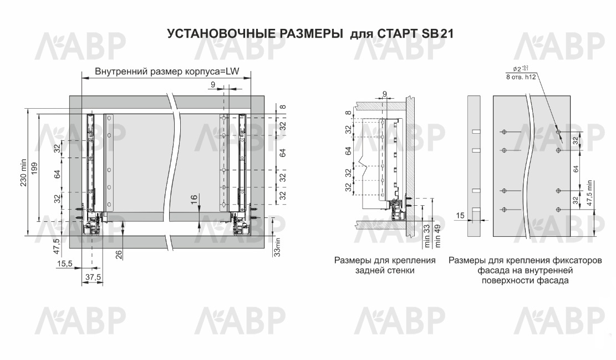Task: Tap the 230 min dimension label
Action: pyautogui.click(x=23, y=173)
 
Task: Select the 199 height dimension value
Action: pyautogui.click(x=34, y=168)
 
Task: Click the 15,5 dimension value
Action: pyautogui.click(x=64, y=263)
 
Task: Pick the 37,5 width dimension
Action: pyautogui.click(x=93, y=277)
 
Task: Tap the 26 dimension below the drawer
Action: pyautogui.click(x=119, y=255)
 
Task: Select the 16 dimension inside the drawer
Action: pyautogui.click(x=194, y=199)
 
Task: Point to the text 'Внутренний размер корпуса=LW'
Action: pyautogui.click(x=167, y=72)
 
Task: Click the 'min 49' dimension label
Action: pyautogui.click(x=437, y=236)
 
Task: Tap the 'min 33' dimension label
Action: pyautogui.click(x=427, y=236)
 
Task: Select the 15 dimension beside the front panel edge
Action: pyautogui.click(x=460, y=215)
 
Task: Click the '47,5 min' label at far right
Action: pyautogui.click(x=589, y=193)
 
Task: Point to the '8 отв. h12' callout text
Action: pyautogui.click(x=521, y=78)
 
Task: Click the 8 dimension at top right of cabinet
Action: pyautogui.click(x=283, y=107)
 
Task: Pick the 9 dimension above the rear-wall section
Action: pyautogui.click(x=385, y=94)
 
